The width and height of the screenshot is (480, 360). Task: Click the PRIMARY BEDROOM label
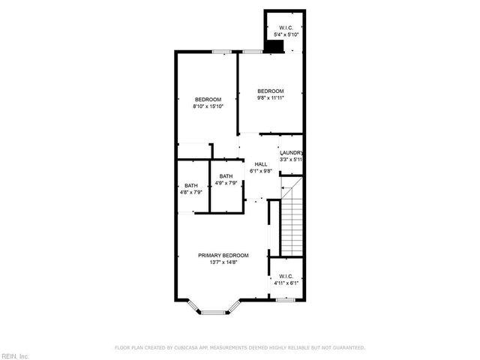pos(223,255)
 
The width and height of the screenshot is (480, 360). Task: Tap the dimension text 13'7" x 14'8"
pos(223,262)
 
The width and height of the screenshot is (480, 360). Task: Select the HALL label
pos(260,164)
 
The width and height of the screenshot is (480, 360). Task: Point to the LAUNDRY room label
pos(291,152)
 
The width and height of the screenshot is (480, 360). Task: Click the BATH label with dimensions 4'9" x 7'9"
pos(226,176)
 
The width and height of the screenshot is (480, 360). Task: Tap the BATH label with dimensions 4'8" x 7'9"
pos(191,185)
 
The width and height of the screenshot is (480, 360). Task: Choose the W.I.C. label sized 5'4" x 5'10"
pos(285,28)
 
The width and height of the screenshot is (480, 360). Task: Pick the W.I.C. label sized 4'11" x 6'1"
pos(286,277)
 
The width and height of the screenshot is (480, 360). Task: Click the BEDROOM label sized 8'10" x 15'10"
pos(208,100)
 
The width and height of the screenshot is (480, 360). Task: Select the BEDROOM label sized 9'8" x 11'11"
pos(270,91)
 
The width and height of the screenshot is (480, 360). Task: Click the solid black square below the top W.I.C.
pos(276,46)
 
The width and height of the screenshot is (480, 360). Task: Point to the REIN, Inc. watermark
pos(15,355)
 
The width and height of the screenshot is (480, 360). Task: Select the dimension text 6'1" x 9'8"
pos(260,171)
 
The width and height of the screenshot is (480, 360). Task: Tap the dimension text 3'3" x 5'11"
pos(291,159)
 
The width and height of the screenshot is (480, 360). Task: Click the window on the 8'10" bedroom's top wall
pos(221,51)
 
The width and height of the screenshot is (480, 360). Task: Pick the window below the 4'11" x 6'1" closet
pos(285,300)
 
